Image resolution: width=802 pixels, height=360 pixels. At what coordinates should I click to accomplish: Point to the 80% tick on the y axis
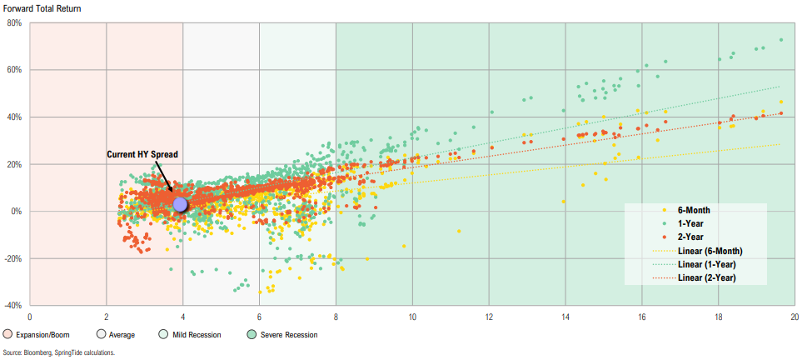(15, 23)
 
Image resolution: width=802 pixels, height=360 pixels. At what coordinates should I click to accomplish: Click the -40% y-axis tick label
(13, 306)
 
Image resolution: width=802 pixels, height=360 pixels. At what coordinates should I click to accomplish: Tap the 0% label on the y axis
(17, 212)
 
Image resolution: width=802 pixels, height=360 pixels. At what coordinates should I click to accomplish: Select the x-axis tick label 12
(489, 317)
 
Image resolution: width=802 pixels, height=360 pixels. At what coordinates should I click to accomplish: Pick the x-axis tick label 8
(336, 317)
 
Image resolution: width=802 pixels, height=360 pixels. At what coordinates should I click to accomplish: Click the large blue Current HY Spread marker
(180, 205)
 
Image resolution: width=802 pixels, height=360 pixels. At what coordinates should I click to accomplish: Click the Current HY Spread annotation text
(142, 155)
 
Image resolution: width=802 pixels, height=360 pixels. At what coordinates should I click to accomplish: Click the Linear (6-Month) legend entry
(710, 251)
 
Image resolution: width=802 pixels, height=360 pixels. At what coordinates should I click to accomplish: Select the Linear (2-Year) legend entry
(709, 277)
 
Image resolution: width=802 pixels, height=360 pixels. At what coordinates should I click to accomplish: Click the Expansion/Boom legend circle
(7, 335)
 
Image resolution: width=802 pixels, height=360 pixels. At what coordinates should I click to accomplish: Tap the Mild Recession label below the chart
(194, 335)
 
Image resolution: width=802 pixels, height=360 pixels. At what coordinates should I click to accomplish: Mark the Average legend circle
(101, 335)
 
